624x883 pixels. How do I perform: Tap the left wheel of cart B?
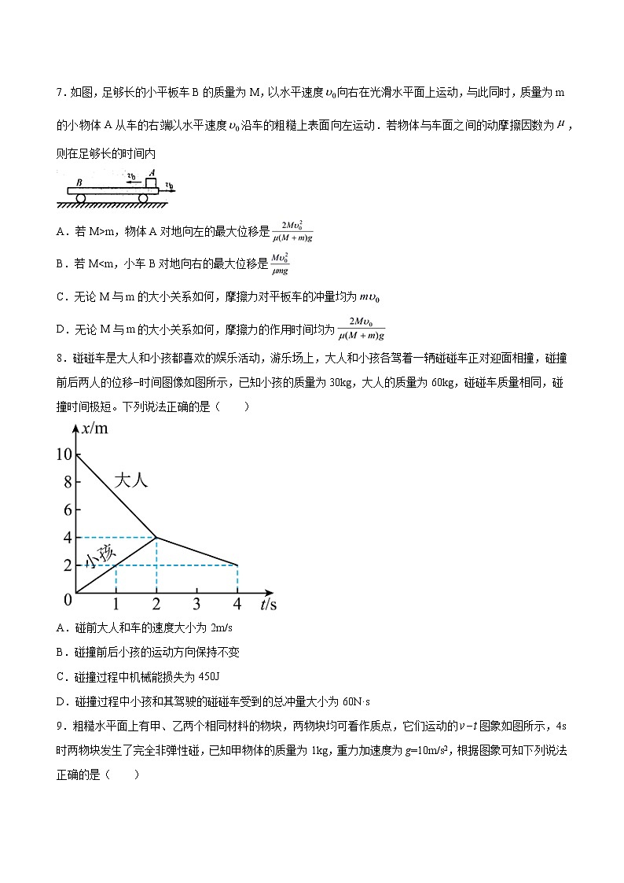point(80,197)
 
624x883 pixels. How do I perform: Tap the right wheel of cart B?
point(144,197)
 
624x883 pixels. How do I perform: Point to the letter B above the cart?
point(79,180)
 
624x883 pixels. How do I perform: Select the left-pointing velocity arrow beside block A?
point(131,180)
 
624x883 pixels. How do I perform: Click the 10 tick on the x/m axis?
point(64,454)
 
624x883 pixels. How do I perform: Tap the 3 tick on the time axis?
point(196,604)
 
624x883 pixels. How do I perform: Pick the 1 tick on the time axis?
point(116,604)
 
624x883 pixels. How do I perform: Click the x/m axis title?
point(96,429)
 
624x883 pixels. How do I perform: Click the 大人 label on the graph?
point(130,480)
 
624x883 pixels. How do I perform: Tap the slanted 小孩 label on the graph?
point(99,556)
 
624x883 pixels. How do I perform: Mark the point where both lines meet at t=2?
point(156,537)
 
